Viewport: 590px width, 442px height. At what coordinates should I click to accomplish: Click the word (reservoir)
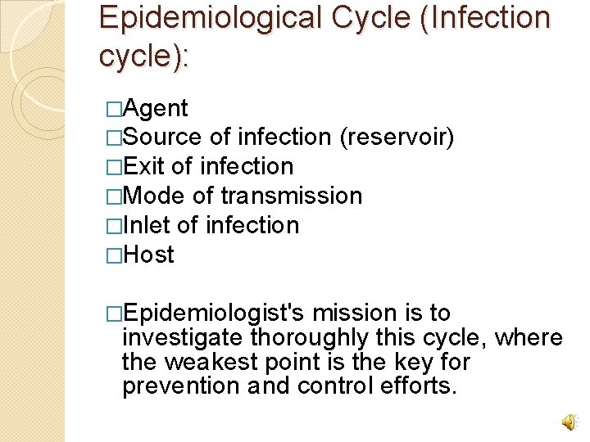pos(397,138)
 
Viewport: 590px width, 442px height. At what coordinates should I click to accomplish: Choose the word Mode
pos(156,196)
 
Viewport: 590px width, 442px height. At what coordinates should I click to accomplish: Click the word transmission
pos(291,196)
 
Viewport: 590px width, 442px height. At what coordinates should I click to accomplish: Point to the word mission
pos(354,313)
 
